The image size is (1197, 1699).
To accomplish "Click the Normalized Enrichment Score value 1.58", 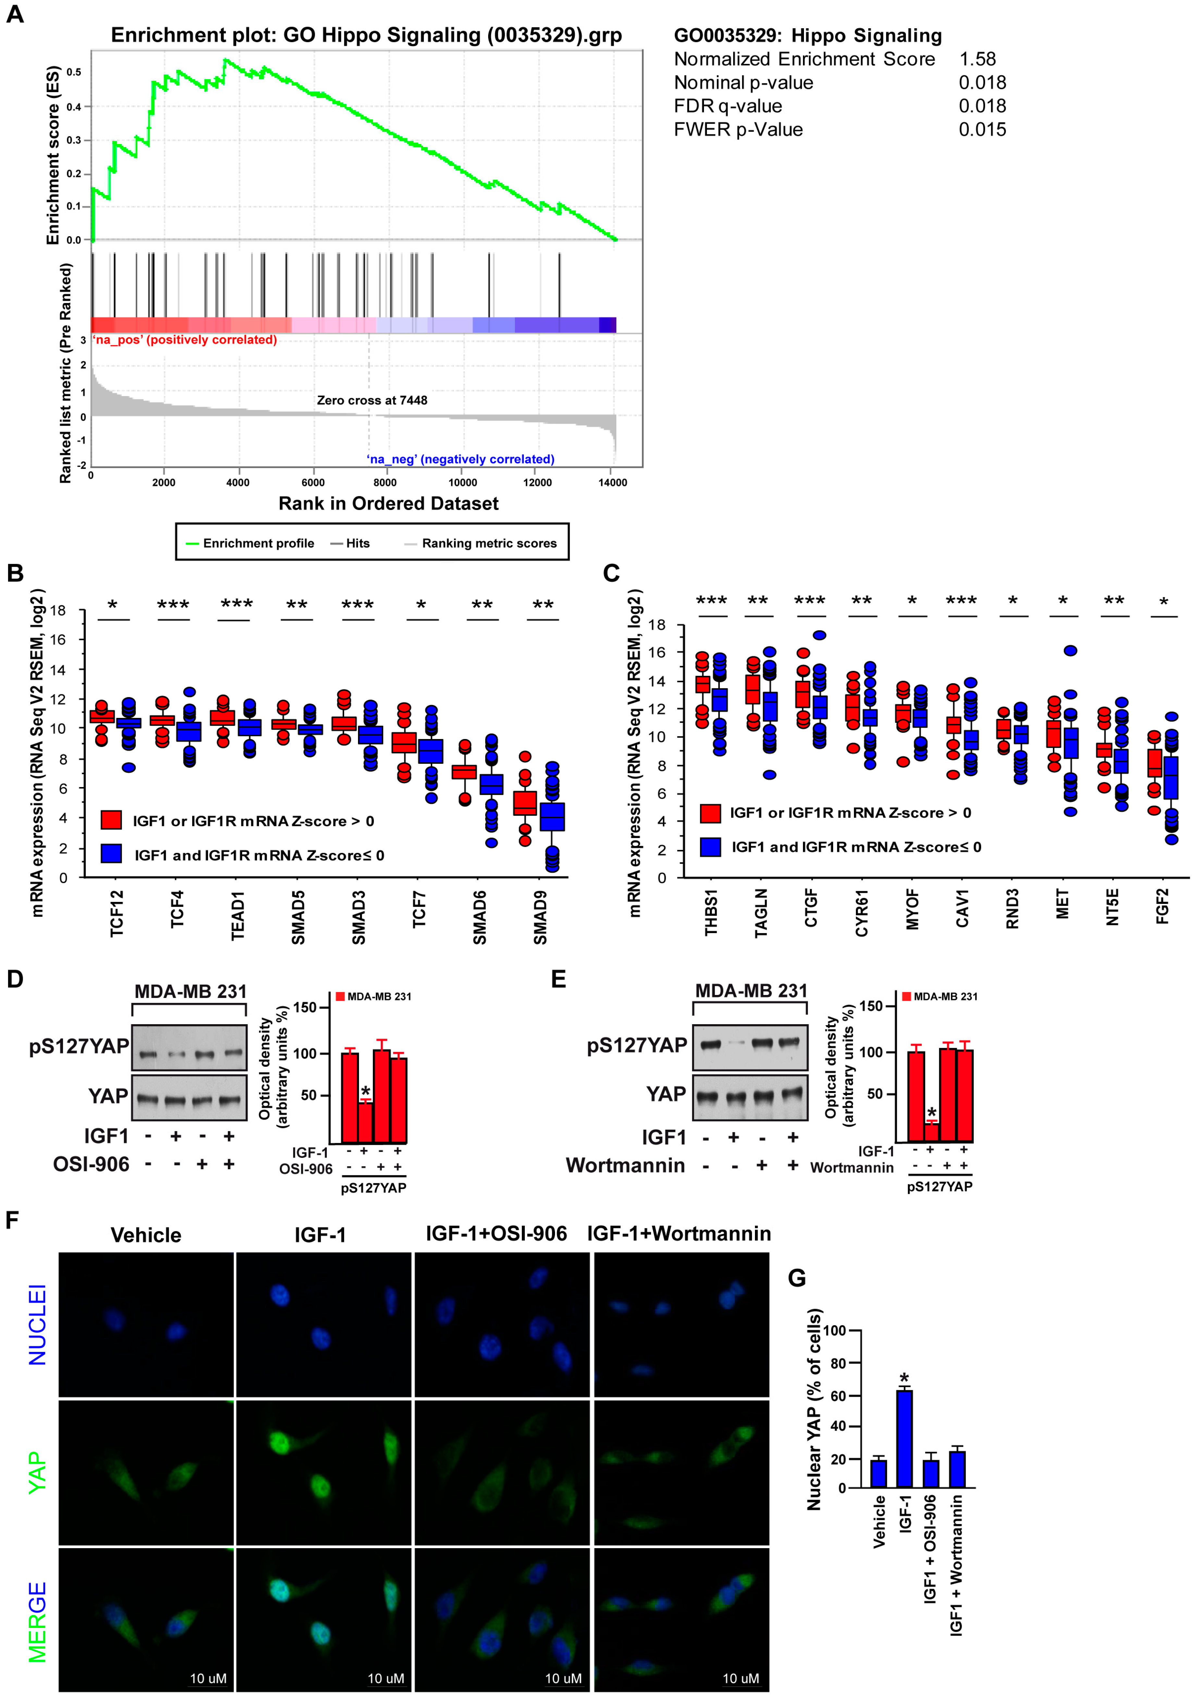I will click(x=977, y=59).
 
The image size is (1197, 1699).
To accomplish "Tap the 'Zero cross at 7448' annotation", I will click(x=372, y=400).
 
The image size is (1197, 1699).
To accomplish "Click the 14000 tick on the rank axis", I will click(x=612, y=482).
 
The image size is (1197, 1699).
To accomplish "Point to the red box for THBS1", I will click(x=702, y=685).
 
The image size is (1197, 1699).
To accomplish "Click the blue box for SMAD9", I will click(x=552, y=817).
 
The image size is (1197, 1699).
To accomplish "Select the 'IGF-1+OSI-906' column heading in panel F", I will click(x=496, y=1233).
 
